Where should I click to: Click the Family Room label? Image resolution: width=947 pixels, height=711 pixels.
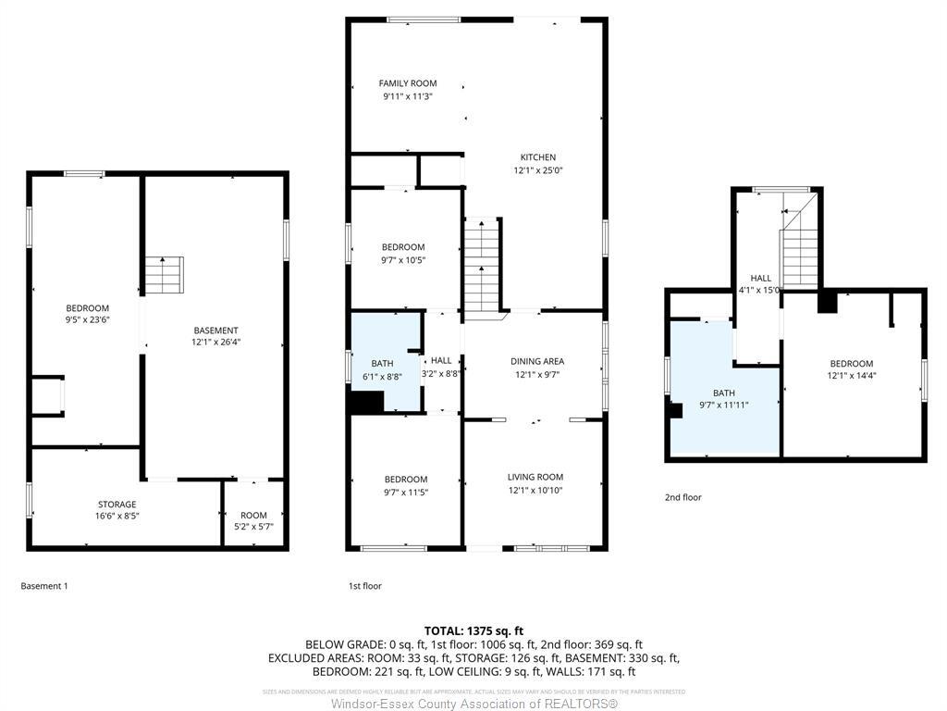coord(408,83)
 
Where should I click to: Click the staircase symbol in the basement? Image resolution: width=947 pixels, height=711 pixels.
coord(164,275)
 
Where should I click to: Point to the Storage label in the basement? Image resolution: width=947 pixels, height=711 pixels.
coord(117,505)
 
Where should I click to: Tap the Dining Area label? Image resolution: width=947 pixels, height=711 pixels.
coord(537,361)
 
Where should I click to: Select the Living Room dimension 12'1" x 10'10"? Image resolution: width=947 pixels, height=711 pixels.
coord(535,491)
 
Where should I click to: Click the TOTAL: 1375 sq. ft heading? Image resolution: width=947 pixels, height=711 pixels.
coord(473,630)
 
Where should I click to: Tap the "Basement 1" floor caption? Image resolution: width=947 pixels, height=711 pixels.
coord(44,586)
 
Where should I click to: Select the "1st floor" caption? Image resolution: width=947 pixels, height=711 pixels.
coord(364,586)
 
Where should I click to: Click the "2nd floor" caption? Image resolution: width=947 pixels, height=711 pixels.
coord(683,497)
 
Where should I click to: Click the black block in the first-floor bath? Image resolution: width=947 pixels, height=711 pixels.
coord(366,403)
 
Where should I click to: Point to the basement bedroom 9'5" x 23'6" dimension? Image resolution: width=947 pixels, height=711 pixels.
coord(87,321)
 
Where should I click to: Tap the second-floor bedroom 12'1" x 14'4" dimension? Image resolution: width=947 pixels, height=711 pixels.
coord(851,376)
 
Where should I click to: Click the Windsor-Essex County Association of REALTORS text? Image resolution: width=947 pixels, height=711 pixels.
coord(473,704)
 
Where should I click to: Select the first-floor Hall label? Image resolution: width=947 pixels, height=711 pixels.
coord(441,361)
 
